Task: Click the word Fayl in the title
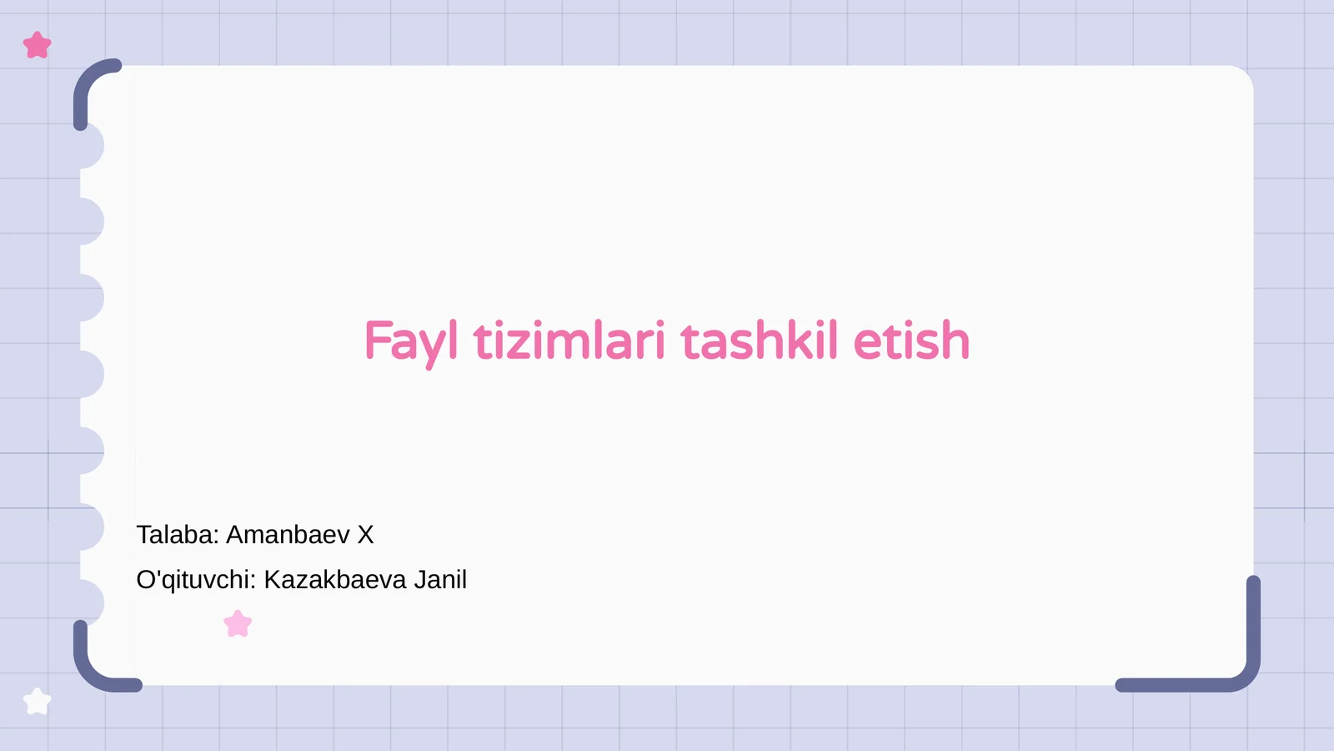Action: tap(411, 341)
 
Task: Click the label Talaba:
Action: tap(178, 535)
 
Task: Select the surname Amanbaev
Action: tap(288, 535)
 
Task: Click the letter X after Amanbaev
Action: tap(365, 535)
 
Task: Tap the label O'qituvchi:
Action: tap(196, 580)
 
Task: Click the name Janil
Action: tap(440, 580)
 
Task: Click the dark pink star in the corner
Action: tap(38, 45)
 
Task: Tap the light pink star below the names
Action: tap(238, 624)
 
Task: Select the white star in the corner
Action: tap(38, 702)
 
